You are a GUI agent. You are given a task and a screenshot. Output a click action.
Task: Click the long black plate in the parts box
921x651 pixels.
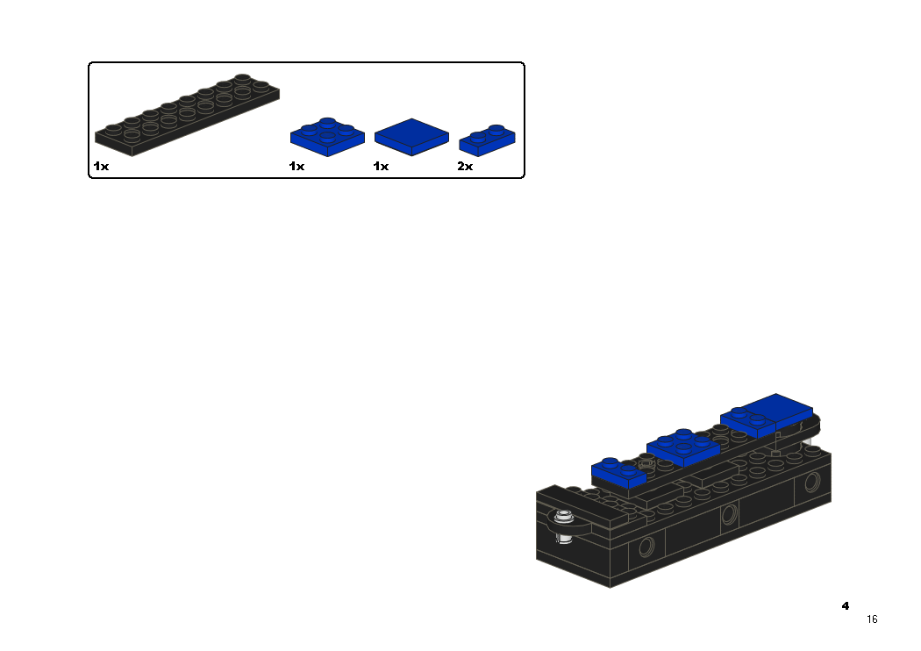187,116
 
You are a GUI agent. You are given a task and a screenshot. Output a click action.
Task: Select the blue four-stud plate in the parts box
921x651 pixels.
327,138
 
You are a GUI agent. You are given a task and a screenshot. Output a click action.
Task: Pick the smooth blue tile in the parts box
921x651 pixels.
411,137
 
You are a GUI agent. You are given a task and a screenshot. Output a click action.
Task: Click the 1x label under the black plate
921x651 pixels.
101,167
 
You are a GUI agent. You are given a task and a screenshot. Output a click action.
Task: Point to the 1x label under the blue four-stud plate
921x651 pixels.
296,167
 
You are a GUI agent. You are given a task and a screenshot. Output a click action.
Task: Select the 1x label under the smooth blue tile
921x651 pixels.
381,167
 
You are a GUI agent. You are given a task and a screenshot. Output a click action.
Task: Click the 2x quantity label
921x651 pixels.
465,167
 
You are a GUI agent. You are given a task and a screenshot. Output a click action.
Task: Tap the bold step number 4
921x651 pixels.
846,605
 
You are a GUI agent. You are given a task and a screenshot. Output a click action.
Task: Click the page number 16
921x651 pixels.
872,619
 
